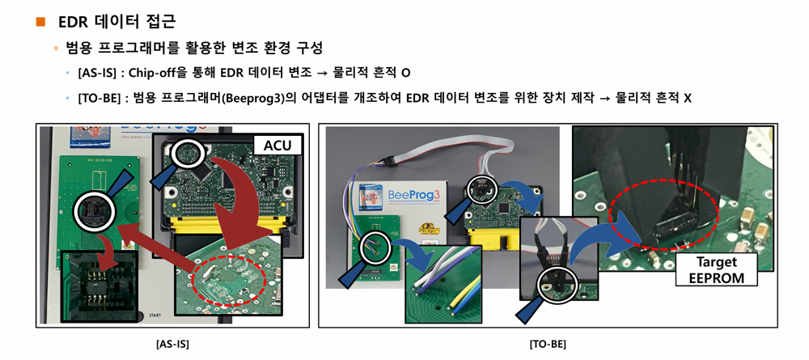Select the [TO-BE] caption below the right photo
click(x=548, y=344)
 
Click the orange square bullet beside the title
click(x=40, y=21)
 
